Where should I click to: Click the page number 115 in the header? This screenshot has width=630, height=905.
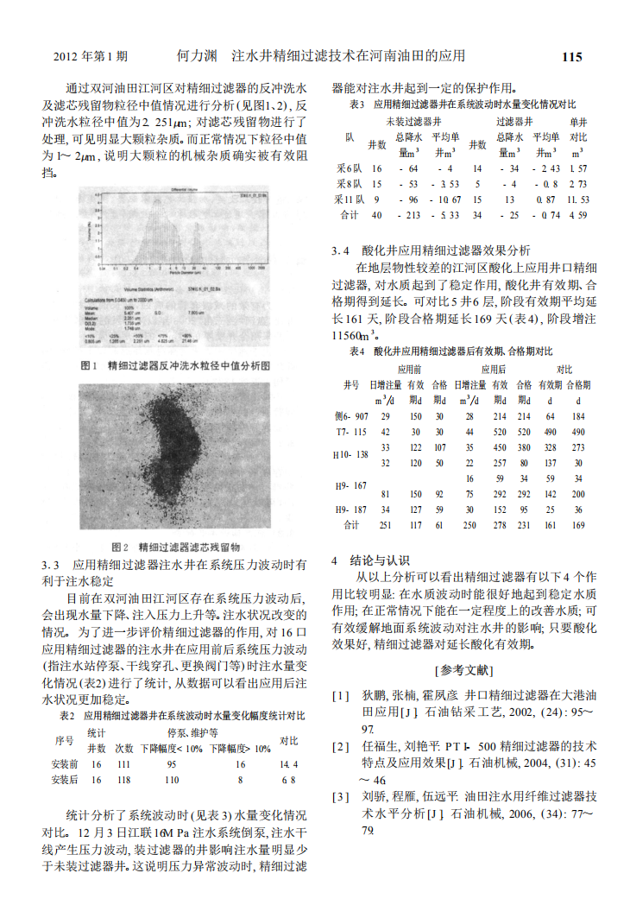click(x=571, y=57)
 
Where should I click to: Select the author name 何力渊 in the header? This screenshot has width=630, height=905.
click(x=195, y=56)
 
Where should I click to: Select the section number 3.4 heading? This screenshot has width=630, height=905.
click(x=342, y=250)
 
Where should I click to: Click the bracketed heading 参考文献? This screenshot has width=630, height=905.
click(x=463, y=669)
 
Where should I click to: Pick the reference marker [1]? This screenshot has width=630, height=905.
click(x=342, y=695)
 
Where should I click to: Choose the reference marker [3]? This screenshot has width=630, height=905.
click(x=342, y=796)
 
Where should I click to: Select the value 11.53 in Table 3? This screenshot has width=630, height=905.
click(x=578, y=199)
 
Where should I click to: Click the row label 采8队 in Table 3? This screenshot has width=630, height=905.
click(x=349, y=184)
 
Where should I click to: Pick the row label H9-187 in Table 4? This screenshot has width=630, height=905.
click(x=350, y=509)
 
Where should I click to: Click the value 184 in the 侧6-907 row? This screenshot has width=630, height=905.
click(x=578, y=416)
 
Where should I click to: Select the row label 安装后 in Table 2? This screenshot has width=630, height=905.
click(x=65, y=779)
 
